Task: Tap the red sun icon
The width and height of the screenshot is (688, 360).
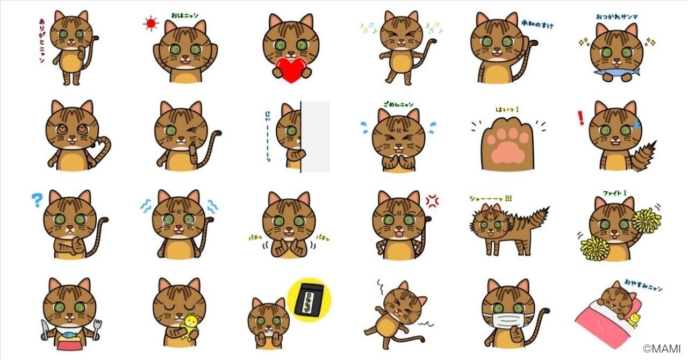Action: [x=150, y=24]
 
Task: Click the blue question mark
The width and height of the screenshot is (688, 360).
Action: [x=37, y=201]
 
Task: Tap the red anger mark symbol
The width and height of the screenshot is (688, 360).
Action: [x=432, y=200]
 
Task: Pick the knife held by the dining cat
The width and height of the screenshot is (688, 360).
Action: [x=45, y=328]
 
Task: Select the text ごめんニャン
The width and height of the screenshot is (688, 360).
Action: [x=398, y=104]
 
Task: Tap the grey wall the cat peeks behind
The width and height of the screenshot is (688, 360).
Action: [x=316, y=137]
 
